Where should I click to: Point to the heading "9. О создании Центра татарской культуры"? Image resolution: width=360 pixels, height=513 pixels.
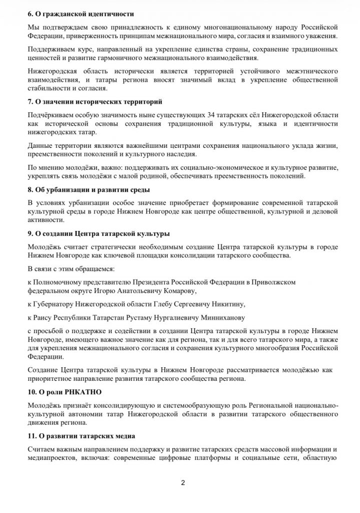pos(98,233)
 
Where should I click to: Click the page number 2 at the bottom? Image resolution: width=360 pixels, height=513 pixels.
pos(183,483)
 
